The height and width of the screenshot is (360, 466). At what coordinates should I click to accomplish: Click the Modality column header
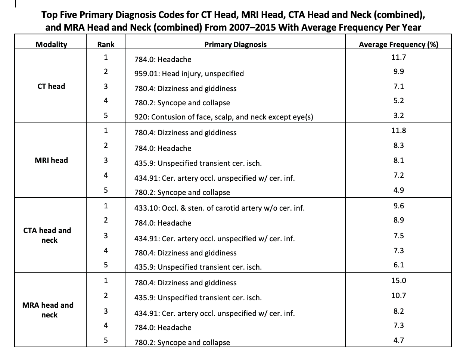pos(51,44)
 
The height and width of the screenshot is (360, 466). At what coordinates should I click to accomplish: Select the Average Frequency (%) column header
pos(398,44)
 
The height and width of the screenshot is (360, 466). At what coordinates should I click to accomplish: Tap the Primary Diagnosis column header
pos(235,44)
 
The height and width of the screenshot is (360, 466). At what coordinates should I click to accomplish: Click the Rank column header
pos(106,44)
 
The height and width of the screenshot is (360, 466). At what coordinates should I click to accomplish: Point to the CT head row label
pos(51,86)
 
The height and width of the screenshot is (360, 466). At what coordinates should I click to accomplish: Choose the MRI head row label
pos(51,160)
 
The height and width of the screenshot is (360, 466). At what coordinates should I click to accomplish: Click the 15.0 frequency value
pos(398,280)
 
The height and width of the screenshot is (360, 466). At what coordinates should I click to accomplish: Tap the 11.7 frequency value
pos(398,57)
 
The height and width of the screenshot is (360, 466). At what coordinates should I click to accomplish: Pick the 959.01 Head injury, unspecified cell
pos(189,74)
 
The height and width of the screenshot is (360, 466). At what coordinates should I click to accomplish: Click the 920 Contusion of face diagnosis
pos(224,117)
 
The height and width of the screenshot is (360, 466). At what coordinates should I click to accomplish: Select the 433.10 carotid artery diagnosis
pos(219,208)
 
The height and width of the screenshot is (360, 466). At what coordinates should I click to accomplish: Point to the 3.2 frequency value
pos(398,115)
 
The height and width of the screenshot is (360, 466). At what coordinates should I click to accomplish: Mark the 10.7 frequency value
pos(398,295)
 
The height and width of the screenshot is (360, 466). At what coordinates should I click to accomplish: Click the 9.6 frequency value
pos(398,206)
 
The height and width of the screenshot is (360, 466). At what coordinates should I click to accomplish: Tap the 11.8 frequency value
pos(398,130)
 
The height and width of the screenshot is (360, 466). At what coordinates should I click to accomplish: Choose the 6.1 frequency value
pos(398,265)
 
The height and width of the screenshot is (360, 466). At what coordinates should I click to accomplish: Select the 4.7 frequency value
pos(398,340)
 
